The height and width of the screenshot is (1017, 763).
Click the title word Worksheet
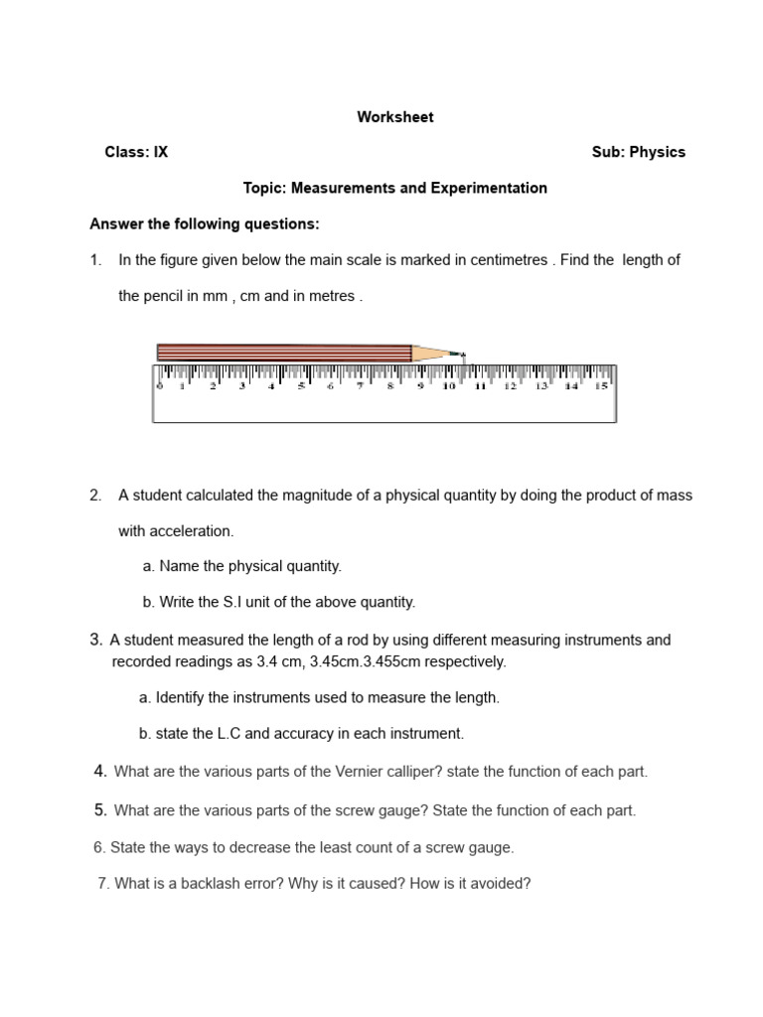[395, 117]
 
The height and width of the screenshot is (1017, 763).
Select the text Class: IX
[136, 152]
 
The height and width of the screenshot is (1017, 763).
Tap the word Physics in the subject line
[659, 152]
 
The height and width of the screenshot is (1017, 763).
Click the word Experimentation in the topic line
[490, 188]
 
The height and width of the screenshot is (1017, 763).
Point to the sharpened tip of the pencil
[462, 354]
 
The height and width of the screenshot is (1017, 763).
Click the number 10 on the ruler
[449, 386]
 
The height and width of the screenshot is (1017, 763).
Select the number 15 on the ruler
[600, 386]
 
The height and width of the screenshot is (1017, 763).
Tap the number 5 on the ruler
[301, 386]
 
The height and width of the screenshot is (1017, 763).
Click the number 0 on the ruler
[159, 386]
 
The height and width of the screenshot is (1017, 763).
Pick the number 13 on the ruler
[540, 386]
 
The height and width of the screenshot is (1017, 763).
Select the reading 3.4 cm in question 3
[245, 661]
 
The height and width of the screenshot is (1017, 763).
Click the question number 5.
[100, 810]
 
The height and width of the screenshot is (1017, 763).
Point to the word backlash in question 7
[212, 883]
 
